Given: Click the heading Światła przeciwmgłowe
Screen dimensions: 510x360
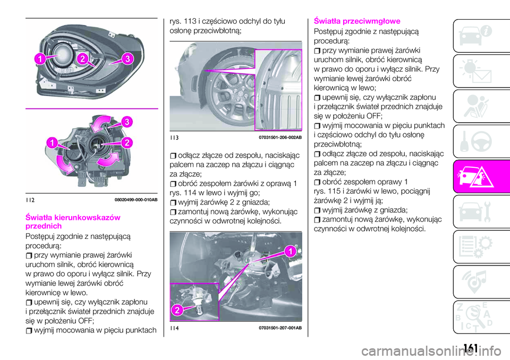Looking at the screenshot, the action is click(357, 21).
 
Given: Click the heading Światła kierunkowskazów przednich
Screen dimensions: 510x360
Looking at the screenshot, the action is click(73, 221).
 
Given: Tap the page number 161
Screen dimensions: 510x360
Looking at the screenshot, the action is click(471, 348).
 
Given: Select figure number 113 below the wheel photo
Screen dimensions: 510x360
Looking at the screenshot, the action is click(174, 138).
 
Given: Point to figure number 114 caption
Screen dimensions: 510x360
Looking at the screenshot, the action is click(174, 328).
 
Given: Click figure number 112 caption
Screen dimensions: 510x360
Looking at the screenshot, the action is click(30, 200).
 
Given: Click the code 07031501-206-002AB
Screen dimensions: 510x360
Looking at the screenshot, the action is click(280, 138).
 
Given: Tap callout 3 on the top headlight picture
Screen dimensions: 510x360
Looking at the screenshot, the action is click(128, 59).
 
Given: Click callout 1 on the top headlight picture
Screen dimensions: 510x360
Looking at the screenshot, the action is click(40, 59).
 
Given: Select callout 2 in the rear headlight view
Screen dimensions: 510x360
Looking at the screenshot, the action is click(127, 142).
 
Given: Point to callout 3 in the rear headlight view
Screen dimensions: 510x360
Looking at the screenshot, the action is click(127, 122).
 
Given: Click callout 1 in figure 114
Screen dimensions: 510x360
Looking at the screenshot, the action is click(290, 251).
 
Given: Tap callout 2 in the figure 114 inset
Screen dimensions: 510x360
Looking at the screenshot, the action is click(177, 310).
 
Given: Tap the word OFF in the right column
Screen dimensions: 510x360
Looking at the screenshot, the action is click(374, 116).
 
